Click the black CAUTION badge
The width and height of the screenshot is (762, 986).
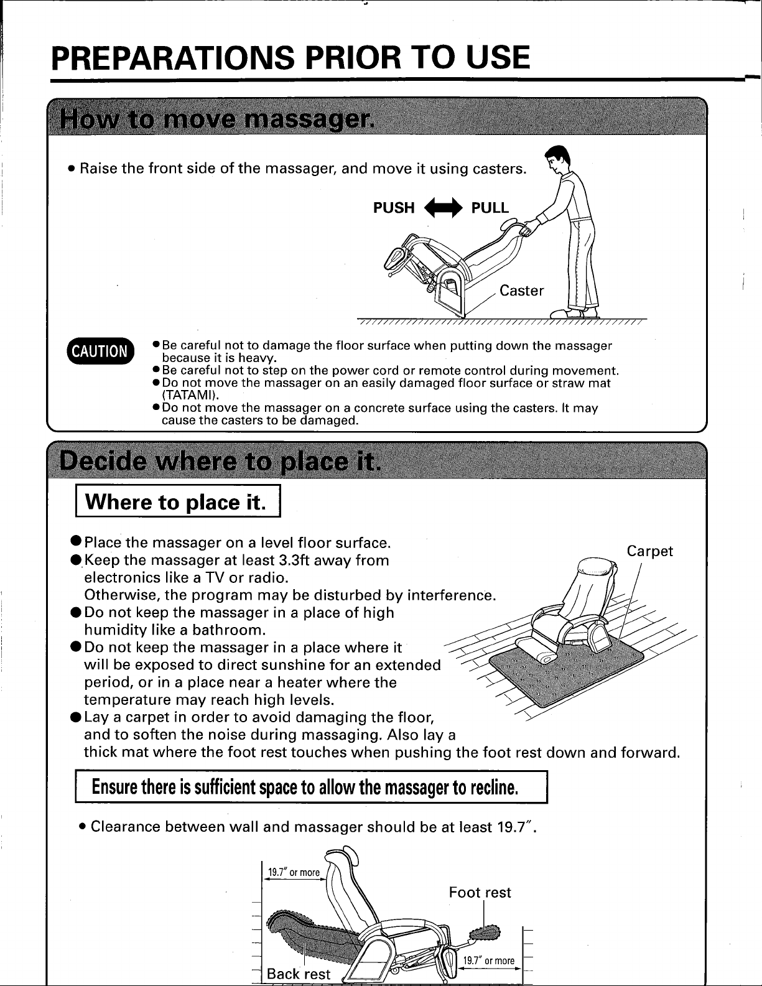pyautogui.click(x=100, y=351)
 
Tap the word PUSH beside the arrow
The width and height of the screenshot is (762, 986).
pyautogui.click(x=394, y=208)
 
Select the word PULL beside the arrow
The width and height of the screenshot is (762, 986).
pyautogui.click(x=490, y=208)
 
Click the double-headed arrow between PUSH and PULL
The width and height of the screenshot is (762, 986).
pyautogui.click(x=443, y=208)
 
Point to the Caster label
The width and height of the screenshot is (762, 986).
pyautogui.click(x=522, y=291)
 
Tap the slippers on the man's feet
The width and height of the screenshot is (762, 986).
pyautogui.click(x=574, y=313)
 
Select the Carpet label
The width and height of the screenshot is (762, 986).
pyautogui.click(x=649, y=551)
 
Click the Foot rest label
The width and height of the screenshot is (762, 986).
pyautogui.click(x=480, y=892)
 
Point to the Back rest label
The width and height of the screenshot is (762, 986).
pyautogui.click(x=299, y=974)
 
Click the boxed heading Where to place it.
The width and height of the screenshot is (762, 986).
pyautogui.click(x=178, y=501)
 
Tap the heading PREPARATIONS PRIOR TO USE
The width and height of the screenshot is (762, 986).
pyautogui.click(x=290, y=58)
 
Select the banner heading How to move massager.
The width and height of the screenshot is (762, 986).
pyautogui.click(x=217, y=120)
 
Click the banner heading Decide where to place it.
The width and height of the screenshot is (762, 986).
pyautogui.click(x=220, y=461)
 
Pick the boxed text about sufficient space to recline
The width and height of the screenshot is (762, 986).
pyautogui.click(x=311, y=787)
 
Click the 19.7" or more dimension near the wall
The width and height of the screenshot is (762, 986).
pyautogui.click(x=294, y=872)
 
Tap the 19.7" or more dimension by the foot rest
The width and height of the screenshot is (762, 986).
pyautogui.click(x=489, y=960)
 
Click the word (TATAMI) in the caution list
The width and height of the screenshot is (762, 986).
pyautogui.click(x=190, y=395)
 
